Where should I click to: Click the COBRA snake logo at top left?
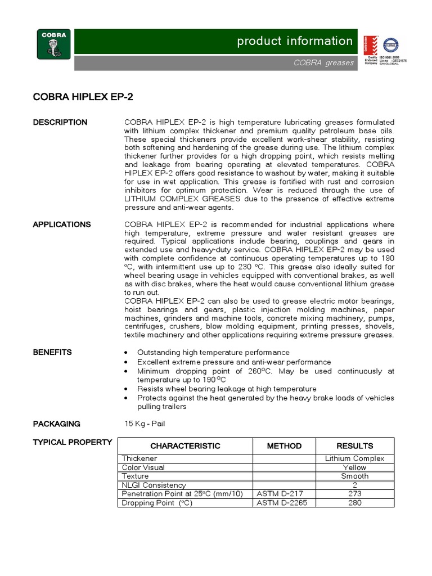tap(54, 44)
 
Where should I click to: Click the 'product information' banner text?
tap(295, 41)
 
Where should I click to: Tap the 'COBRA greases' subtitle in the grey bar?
tap(323, 62)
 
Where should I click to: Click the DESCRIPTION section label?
tap(60, 122)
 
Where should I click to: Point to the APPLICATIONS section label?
tap(62, 224)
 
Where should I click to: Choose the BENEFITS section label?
tap(52, 352)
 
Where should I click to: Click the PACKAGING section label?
tap(56, 424)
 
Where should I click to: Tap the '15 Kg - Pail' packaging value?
tap(145, 424)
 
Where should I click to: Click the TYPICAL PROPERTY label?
tap(73, 442)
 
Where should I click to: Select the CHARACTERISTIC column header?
tap(185, 445)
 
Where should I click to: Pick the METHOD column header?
tap(284, 445)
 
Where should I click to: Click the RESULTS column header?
tap(354, 445)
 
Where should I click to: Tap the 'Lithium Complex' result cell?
tap(354, 458)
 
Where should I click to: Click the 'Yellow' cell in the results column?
tap(354, 467)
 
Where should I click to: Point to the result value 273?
tap(354, 494)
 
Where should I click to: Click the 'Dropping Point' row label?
tap(157, 503)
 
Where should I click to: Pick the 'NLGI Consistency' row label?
tap(154, 485)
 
